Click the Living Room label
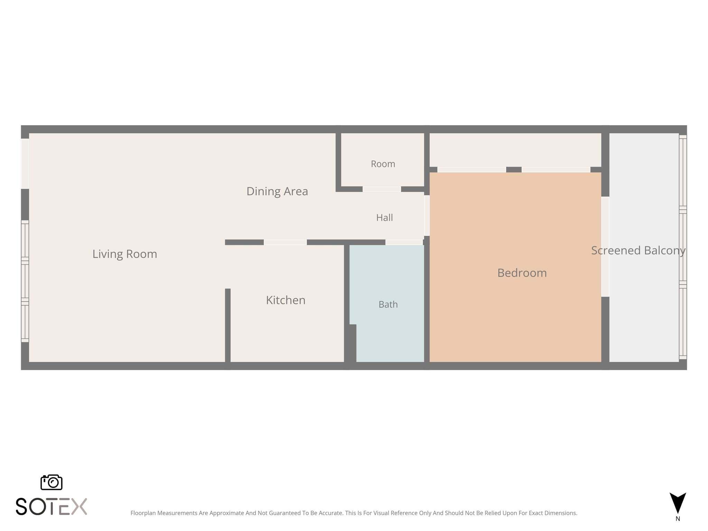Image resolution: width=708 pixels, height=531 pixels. click(125, 254)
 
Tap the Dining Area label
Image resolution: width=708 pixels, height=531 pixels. click(277, 191)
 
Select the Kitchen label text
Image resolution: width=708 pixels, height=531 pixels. click(286, 300)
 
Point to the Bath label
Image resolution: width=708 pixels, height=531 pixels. click(388, 305)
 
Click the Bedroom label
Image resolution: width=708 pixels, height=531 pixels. click(522, 273)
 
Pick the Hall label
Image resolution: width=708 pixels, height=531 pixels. click(384, 217)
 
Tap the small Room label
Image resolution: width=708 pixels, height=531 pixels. click(383, 164)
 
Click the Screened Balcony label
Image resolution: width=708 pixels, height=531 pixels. click(639, 251)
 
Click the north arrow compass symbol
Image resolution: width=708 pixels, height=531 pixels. click(678, 503)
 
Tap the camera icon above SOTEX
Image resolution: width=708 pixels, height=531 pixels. click(52, 482)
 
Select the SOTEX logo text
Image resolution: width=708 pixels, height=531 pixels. click(52, 506)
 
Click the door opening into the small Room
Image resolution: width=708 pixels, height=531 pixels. click(382, 189)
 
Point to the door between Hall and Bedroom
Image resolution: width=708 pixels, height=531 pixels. click(427, 216)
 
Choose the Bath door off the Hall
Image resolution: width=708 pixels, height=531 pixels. click(404, 242)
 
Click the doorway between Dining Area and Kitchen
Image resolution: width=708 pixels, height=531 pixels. click(285, 242)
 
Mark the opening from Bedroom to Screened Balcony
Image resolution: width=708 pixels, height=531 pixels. click(605, 247)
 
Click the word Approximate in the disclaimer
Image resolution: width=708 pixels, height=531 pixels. click(226, 513)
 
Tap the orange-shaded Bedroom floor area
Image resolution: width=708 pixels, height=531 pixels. click(515, 311)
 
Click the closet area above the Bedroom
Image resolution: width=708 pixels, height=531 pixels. click(515, 150)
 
